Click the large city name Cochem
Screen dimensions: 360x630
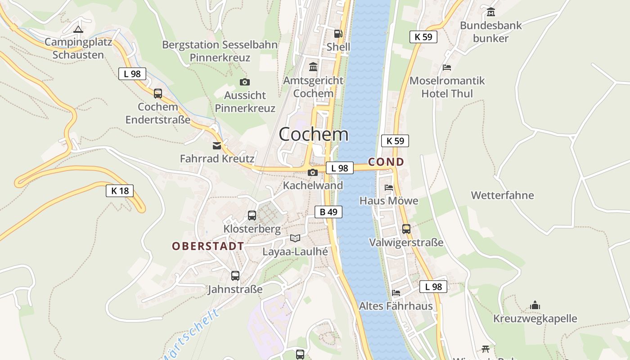(313, 134)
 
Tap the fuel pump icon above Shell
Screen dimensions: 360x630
(338, 33)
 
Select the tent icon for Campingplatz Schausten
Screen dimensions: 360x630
(78, 30)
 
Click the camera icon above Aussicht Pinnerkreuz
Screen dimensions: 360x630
(244, 82)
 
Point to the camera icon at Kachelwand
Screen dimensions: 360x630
(313, 172)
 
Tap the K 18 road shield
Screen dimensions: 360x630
(120, 191)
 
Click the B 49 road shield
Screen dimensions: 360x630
(328, 212)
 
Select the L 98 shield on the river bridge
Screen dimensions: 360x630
(339, 168)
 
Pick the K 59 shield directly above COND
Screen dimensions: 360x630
(395, 141)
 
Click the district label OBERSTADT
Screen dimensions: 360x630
(208, 246)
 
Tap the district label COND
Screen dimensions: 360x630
(386, 162)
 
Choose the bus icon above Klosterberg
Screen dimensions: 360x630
(252, 216)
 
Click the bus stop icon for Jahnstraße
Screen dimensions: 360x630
(235, 276)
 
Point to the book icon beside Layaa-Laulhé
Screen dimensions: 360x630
(295, 238)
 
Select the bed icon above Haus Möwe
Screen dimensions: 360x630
(389, 187)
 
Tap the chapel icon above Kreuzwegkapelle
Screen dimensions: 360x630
(535, 305)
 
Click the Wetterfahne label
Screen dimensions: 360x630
(502, 195)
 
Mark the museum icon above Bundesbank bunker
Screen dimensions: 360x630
(490, 12)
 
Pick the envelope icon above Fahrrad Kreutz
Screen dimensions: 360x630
(217, 145)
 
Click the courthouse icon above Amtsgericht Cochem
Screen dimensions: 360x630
(313, 67)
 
